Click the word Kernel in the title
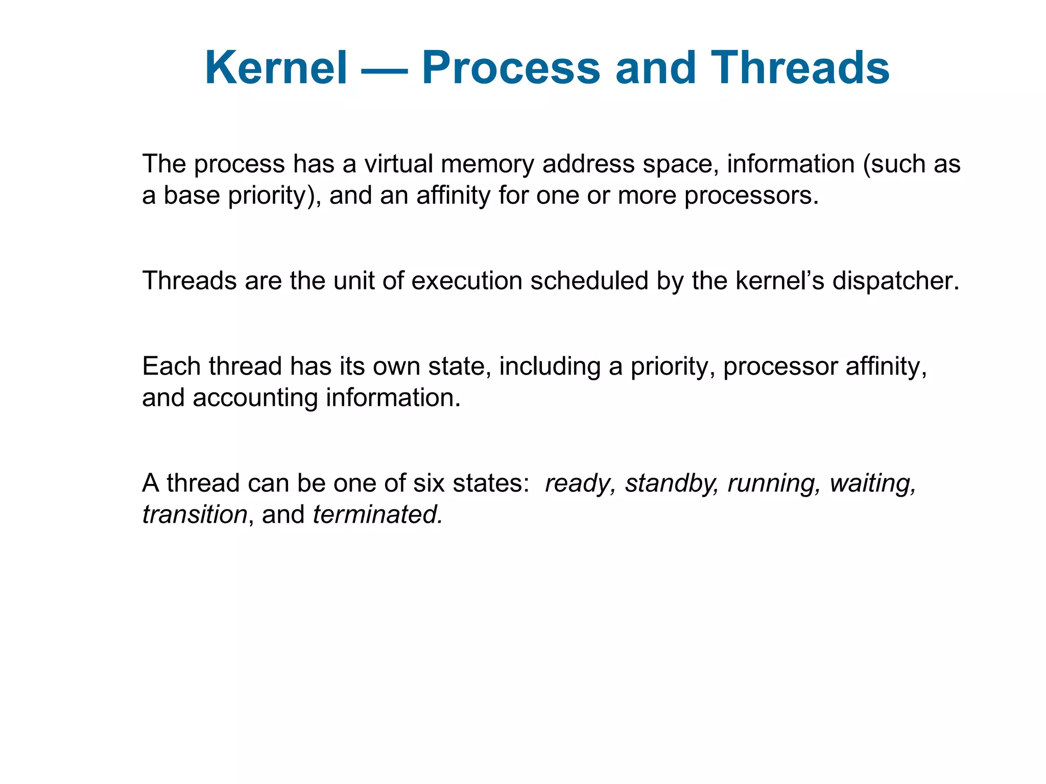coord(276,68)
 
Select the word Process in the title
coord(511,68)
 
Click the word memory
coord(487,165)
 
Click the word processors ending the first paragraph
coord(751,196)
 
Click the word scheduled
coord(589,281)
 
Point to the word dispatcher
coord(895,282)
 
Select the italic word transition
coord(195,514)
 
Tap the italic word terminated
coord(377,514)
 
